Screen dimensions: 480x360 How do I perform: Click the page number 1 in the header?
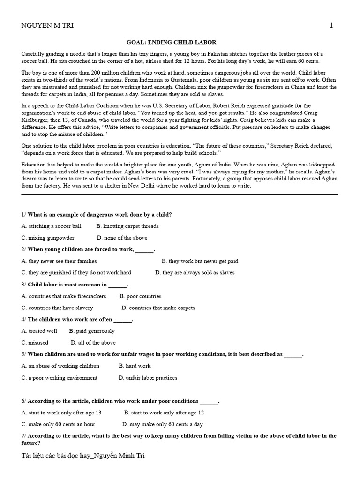[331, 25]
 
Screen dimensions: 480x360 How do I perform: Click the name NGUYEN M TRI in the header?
[47, 26]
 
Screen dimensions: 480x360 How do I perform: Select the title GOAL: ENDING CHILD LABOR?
[171, 42]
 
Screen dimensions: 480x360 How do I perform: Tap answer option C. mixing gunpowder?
[48, 238]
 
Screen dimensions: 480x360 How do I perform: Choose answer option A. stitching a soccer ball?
[51, 226]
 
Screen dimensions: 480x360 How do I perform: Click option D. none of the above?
[122, 238]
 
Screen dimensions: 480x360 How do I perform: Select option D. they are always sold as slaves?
[195, 272]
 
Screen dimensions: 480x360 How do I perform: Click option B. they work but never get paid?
[200, 261]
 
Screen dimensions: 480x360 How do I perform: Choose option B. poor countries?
[140, 296]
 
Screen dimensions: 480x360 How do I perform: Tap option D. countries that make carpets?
[158, 308]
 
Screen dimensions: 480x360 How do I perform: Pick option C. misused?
[35, 343]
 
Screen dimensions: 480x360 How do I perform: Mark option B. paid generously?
[92, 331]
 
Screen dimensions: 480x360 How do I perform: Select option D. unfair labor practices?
[148, 378]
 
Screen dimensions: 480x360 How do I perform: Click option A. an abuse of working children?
[60, 366]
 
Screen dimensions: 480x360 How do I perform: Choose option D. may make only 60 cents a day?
[162, 424]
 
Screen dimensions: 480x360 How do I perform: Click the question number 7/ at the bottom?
[24, 436]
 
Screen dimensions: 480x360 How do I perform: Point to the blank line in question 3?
[118, 285]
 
